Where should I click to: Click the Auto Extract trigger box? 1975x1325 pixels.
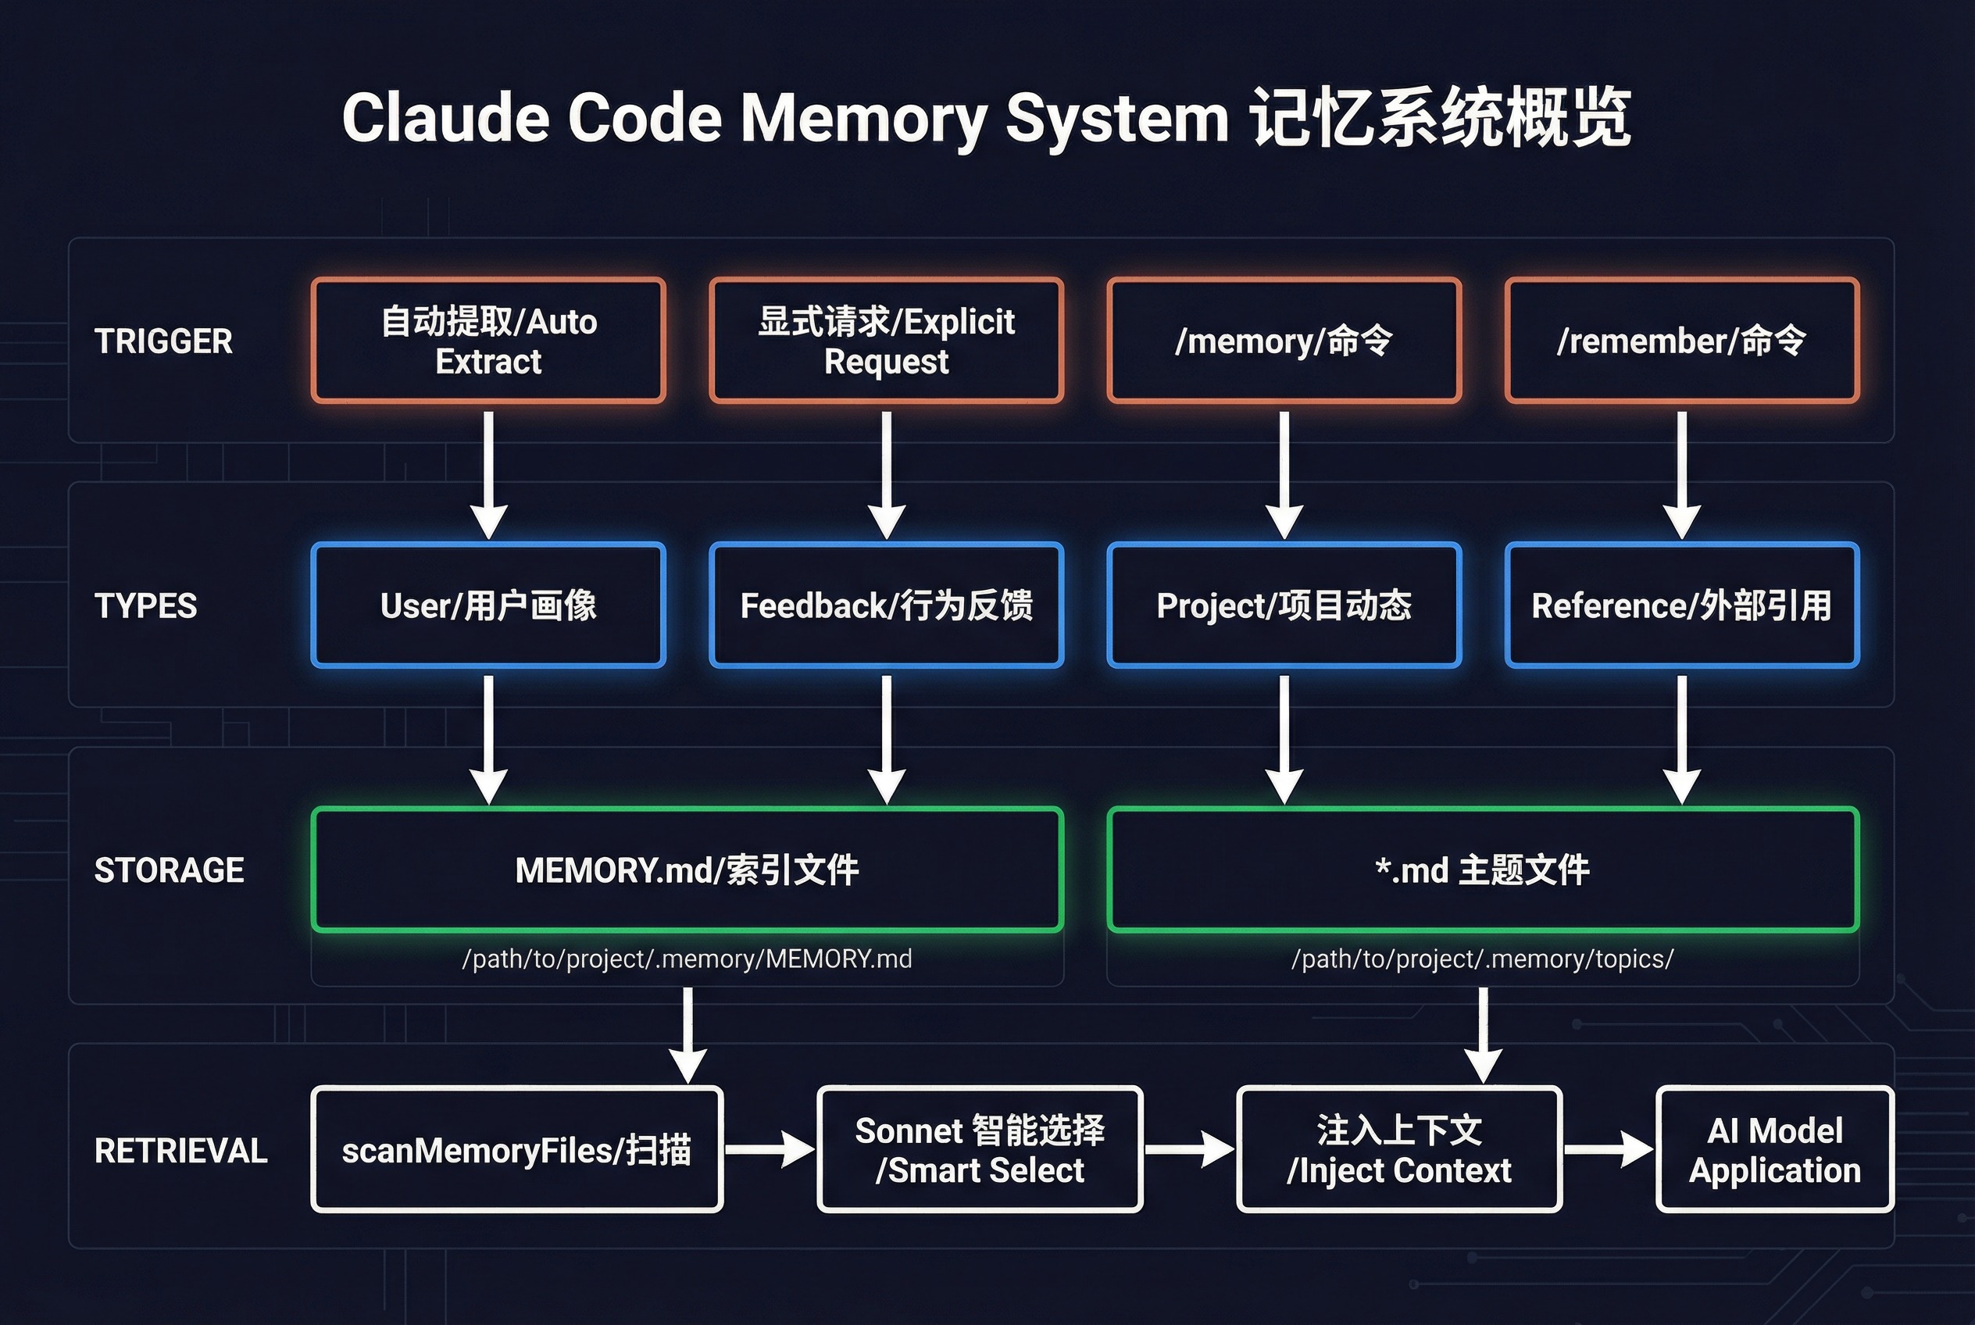[488, 341]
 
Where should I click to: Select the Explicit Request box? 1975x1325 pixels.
[886, 341]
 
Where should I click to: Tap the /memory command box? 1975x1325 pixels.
[1284, 341]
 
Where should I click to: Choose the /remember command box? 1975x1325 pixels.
[1682, 341]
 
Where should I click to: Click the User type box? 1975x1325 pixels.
[488, 605]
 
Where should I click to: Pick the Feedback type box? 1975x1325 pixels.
[886, 605]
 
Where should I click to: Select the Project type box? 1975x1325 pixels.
[1284, 605]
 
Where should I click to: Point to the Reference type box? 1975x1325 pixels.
[1682, 605]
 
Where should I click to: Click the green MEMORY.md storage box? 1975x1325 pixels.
[687, 870]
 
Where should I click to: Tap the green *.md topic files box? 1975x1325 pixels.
[1482, 870]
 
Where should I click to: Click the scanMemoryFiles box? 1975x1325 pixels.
[516, 1149]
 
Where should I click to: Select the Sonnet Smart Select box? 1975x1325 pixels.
[980, 1149]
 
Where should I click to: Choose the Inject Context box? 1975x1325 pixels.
[1398, 1149]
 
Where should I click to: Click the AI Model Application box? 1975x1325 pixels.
[1774, 1149]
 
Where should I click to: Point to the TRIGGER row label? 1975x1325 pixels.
[163, 341]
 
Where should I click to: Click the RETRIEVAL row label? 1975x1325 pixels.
[180, 1150]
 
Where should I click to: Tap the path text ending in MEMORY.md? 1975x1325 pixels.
[687, 959]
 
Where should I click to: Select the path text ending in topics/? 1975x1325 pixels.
[1482, 959]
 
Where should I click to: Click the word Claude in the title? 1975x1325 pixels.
[445, 117]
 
